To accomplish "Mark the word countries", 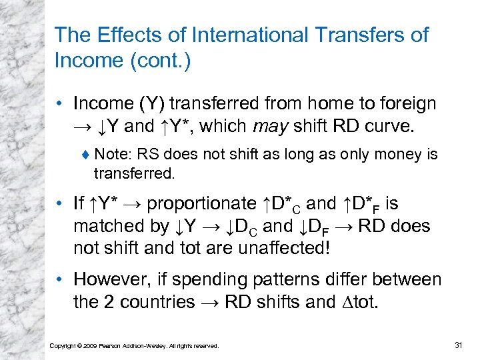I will click(151, 302).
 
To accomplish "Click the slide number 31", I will click(458, 344).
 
